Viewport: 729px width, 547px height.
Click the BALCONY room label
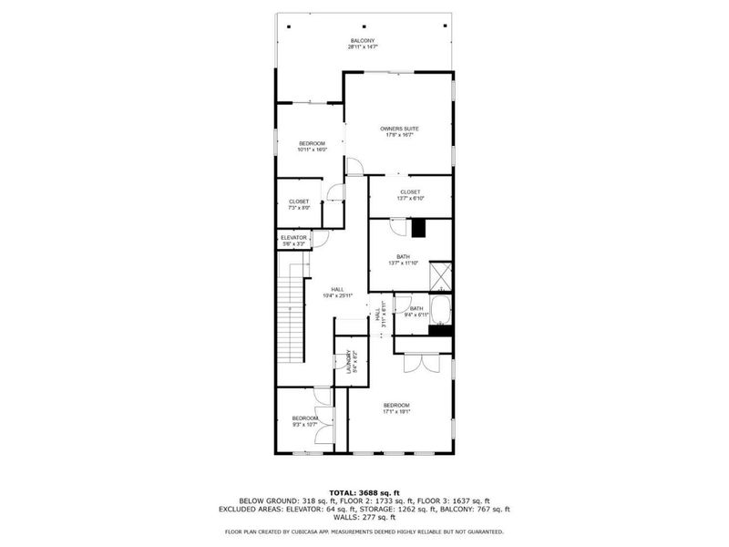pyautogui.click(x=363, y=40)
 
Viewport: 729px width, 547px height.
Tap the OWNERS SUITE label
pyautogui.click(x=398, y=129)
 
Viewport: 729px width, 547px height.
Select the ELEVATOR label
pyautogui.click(x=293, y=237)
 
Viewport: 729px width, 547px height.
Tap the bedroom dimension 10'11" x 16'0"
pyautogui.click(x=313, y=150)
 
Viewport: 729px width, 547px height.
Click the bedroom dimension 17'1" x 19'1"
pyautogui.click(x=396, y=411)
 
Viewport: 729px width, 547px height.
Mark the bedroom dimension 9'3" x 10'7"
pyautogui.click(x=304, y=424)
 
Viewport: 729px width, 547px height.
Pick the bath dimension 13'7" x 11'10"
pyautogui.click(x=403, y=263)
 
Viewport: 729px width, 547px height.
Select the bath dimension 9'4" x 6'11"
pyautogui.click(x=416, y=315)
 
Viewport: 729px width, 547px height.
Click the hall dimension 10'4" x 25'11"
pyautogui.click(x=337, y=295)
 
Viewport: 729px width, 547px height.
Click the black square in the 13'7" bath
pyautogui.click(x=419, y=228)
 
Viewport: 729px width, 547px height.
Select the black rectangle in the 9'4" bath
pyautogui.click(x=441, y=330)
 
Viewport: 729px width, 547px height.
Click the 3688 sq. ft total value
pyautogui.click(x=376, y=492)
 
